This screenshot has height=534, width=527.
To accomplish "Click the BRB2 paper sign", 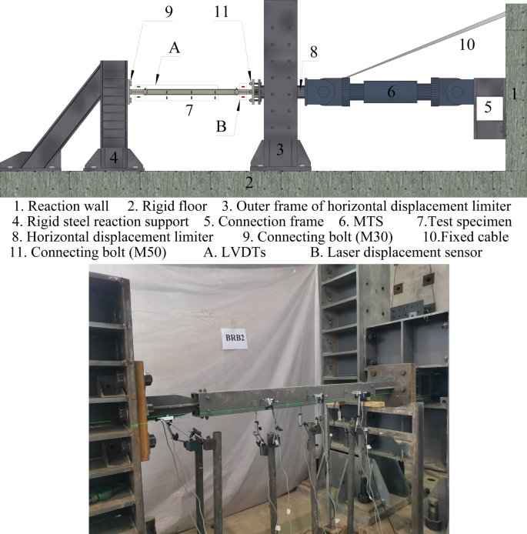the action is pyautogui.click(x=234, y=339).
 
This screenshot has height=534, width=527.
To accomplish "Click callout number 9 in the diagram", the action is pyautogui.click(x=168, y=12).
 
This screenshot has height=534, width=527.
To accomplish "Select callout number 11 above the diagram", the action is pyautogui.click(x=222, y=12).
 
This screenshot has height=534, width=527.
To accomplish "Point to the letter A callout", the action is pyautogui.click(x=175, y=48).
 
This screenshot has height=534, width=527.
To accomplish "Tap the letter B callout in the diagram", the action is pyautogui.click(x=222, y=126).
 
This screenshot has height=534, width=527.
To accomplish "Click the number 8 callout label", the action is pyautogui.click(x=314, y=52).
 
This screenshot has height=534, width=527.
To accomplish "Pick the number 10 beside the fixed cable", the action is pyautogui.click(x=467, y=45).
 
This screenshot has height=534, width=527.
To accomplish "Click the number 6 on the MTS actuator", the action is pyautogui.click(x=391, y=92).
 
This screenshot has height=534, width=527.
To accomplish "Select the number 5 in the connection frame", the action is pyautogui.click(x=488, y=107).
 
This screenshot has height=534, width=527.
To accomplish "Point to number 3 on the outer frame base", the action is pyautogui.click(x=280, y=149).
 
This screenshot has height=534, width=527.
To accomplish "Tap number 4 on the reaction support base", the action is pyautogui.click(x=114, y=158).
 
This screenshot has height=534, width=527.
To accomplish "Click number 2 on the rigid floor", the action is pyautogui.click(x=249, y=183).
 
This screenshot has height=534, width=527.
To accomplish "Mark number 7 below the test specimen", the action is pyautogui.click(x=189, y=110).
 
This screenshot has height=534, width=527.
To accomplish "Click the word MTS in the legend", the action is pyautogui.click(x=369, y=222).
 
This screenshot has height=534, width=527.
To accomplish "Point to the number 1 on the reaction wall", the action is pyautogui.click(x=515, y=94).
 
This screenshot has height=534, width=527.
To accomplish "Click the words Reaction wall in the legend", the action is pyautogui.click(x=68, y=206).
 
